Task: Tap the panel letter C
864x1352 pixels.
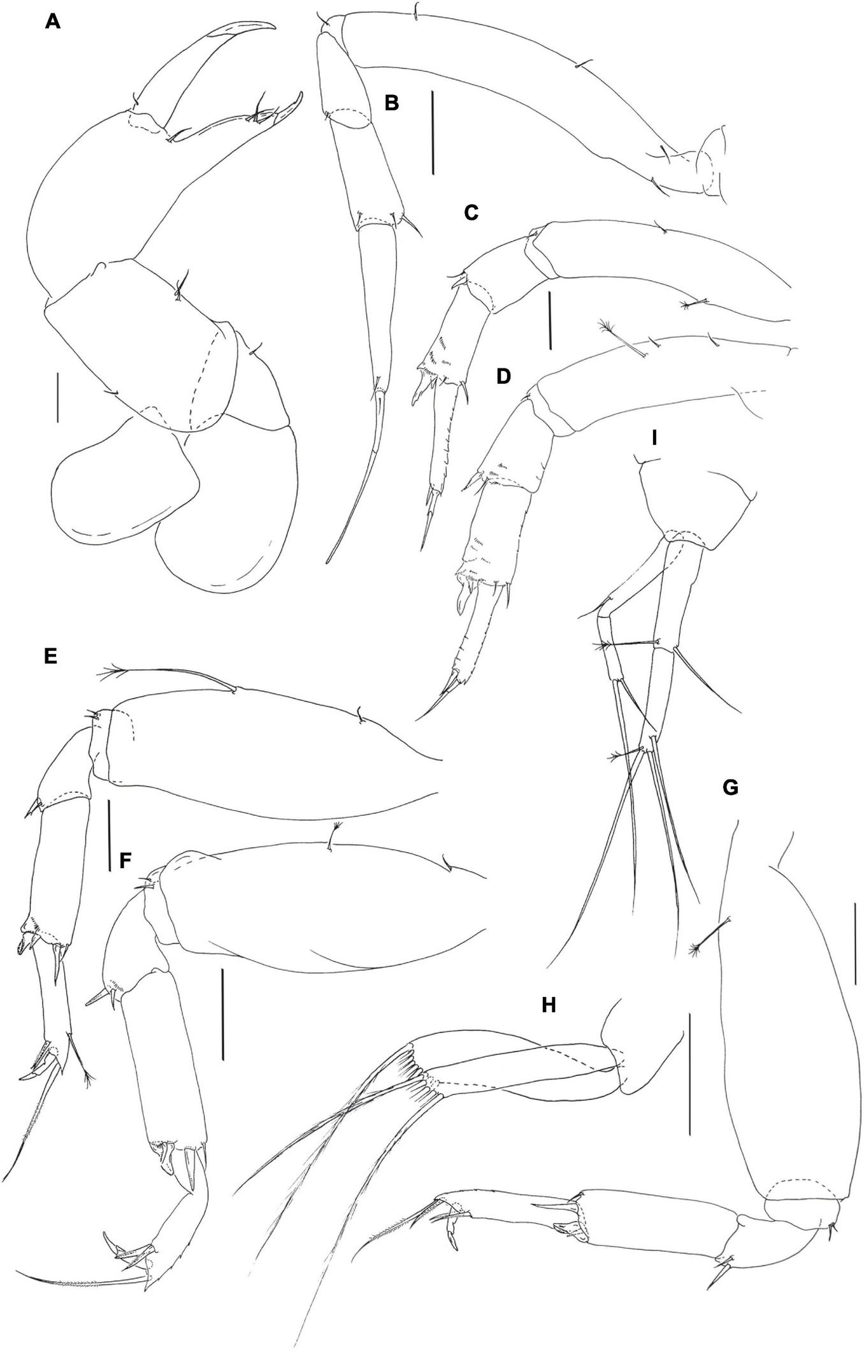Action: [471, 212]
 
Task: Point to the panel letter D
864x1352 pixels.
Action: [503, 376]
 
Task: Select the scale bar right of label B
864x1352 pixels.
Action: [433, 133]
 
